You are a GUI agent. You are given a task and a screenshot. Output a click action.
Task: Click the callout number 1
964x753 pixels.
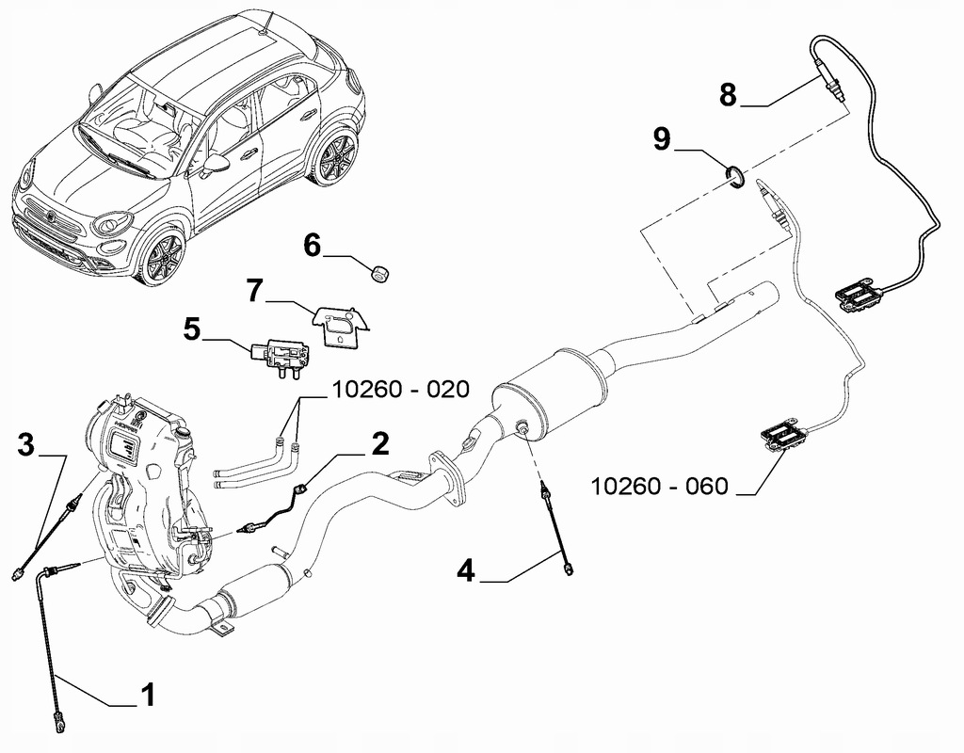coord(147,696)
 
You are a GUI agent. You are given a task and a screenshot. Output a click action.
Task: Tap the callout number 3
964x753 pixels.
coord(27,444)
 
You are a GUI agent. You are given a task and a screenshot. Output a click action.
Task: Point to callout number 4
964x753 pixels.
coord(468,570)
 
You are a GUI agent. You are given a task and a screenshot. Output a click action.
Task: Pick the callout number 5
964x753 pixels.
coord(192,328)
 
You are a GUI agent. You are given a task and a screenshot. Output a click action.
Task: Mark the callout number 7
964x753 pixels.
coord(254,291)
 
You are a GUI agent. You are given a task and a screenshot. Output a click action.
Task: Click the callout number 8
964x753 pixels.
coord(728,94)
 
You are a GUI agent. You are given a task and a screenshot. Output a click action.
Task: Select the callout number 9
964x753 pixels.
coord(662,139)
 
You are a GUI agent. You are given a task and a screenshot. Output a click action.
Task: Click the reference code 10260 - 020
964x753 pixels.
coord(399,391)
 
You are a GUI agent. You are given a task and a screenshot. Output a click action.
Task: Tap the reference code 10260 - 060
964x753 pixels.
coord(659,486)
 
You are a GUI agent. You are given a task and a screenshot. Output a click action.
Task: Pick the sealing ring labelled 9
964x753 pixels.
coord(735,175)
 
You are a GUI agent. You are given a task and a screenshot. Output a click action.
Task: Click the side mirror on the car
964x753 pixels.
coord(217,165)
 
